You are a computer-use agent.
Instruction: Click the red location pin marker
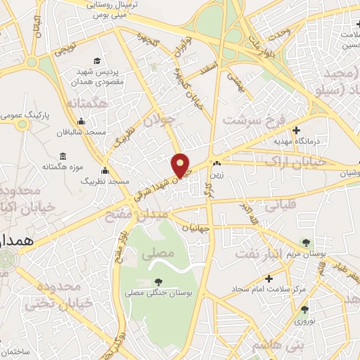181,165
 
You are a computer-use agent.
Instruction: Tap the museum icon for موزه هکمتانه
63,155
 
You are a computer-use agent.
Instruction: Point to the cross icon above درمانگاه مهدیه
296,131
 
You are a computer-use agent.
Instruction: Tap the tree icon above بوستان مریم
306,242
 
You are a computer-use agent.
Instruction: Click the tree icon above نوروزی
304,309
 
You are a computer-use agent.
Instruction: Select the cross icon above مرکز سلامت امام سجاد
269,278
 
